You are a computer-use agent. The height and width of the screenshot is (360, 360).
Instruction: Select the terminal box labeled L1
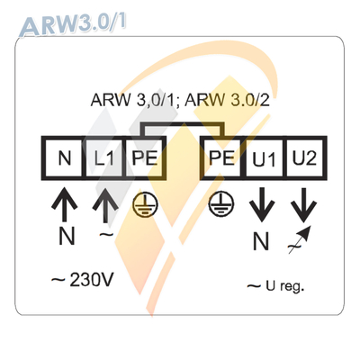pos(103,159)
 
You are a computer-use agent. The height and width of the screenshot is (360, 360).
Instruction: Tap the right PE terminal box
pos(219,159)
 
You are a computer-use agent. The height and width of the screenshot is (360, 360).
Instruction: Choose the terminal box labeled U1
pos(262,159)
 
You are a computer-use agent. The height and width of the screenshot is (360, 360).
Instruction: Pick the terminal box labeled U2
pos(302,159)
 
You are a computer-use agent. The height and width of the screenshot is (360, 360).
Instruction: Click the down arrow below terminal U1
pos(262,206)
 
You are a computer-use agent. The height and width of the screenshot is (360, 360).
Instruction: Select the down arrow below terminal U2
pos(302,206)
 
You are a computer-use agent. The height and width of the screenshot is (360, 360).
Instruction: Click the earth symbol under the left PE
pos(142,204)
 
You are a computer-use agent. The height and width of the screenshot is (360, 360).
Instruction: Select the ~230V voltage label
pos(82,280)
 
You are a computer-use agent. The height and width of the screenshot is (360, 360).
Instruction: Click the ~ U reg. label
pos(275,286)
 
